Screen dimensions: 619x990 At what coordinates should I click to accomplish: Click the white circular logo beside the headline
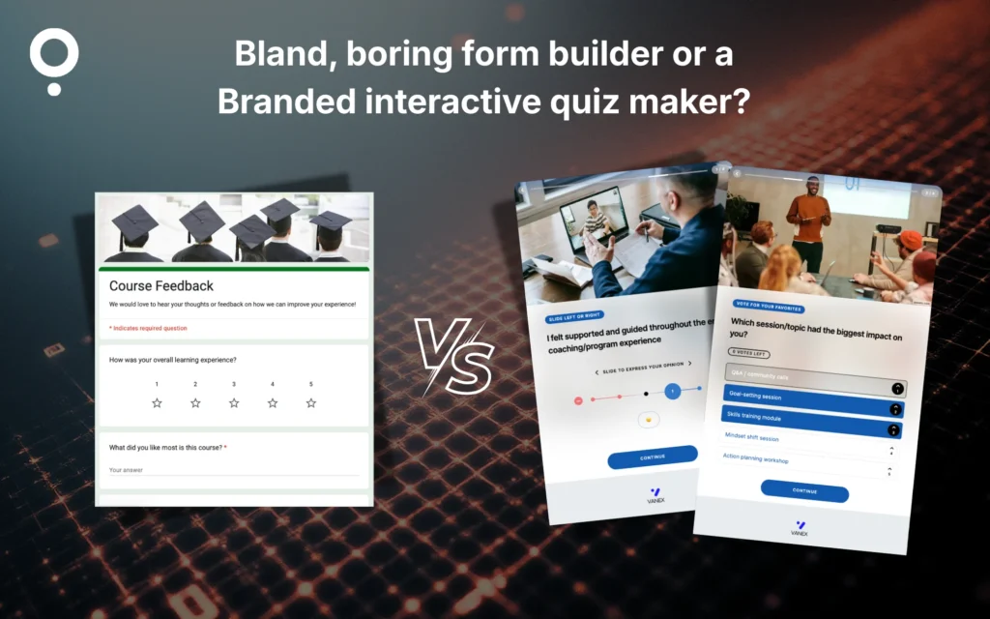click(54, 56)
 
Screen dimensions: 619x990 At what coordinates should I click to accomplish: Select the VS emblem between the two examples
click(454, 353)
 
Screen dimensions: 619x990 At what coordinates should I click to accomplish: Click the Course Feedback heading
click(161, 286)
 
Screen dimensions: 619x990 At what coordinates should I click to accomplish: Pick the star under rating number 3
click(234, 402)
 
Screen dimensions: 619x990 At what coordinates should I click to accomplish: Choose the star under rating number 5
click(311, 402)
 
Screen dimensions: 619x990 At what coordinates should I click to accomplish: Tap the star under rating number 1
click(157, 402)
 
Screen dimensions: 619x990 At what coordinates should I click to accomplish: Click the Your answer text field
click(232, 470)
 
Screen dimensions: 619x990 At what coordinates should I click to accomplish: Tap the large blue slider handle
click(672, 391)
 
